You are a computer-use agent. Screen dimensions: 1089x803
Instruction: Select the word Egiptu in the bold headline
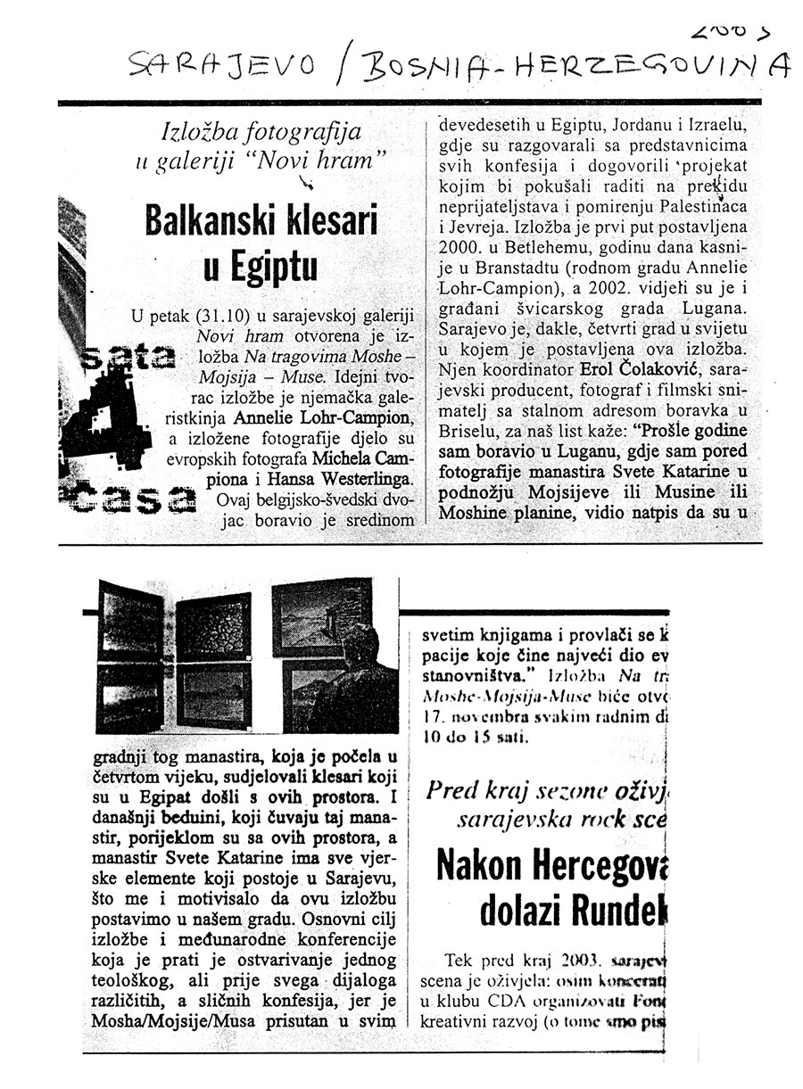point(257,267)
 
